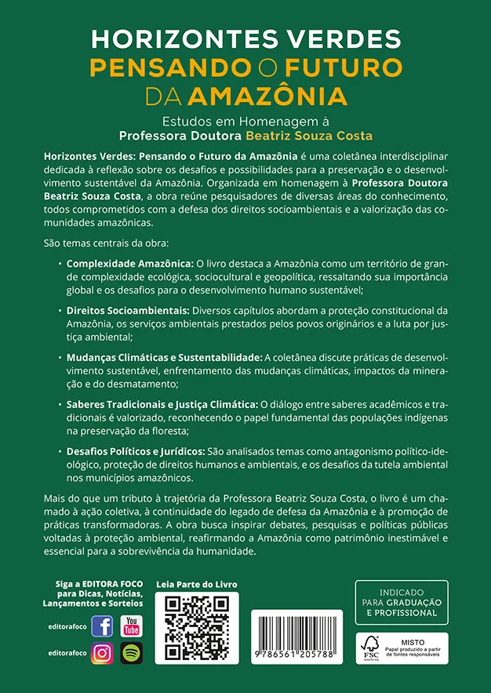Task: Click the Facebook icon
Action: [103, 626]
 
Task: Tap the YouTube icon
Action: [132, 626]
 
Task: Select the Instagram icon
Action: [103, 653]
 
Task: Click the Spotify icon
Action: [132, 653]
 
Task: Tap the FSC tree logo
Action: [371, 647]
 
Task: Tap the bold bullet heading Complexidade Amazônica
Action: [129, 262]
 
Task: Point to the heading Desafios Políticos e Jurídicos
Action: [136, 452]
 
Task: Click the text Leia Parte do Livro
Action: [197, 585]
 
